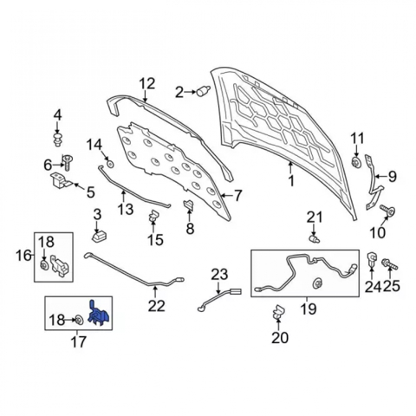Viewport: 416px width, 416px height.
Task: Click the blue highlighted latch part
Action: click(x=98, y=315)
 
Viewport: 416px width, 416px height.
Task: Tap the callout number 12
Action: click(x=147, y=84)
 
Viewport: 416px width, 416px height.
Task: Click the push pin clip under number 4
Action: click(x=58, y=140)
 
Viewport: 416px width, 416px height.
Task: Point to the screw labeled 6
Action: click(x=68, y=163)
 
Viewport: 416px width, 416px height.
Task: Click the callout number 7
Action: click(x=237, y=196)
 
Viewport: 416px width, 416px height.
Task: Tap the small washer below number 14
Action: click(x=110, y=165)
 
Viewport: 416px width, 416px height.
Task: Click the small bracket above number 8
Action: click(x=189, y=205)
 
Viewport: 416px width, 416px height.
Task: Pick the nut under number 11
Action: click(x=355, y=162)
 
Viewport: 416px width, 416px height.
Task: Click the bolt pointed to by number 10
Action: click(x=387, y=211)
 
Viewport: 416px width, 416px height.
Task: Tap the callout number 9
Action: click(x=392, y=177)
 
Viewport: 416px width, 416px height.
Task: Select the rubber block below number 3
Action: click(x=100, y=236)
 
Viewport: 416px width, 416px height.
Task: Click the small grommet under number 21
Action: click(x=315, y=239)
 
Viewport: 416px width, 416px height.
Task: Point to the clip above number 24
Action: click(x=372, y=259)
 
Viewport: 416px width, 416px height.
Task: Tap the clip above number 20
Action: click(x=278, y=312)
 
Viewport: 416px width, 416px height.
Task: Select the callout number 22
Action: click(x=156, y=307)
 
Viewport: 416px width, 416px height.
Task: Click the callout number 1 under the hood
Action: click(x=291, y=181)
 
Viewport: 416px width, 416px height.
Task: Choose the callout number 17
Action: click(x=78, y=341)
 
